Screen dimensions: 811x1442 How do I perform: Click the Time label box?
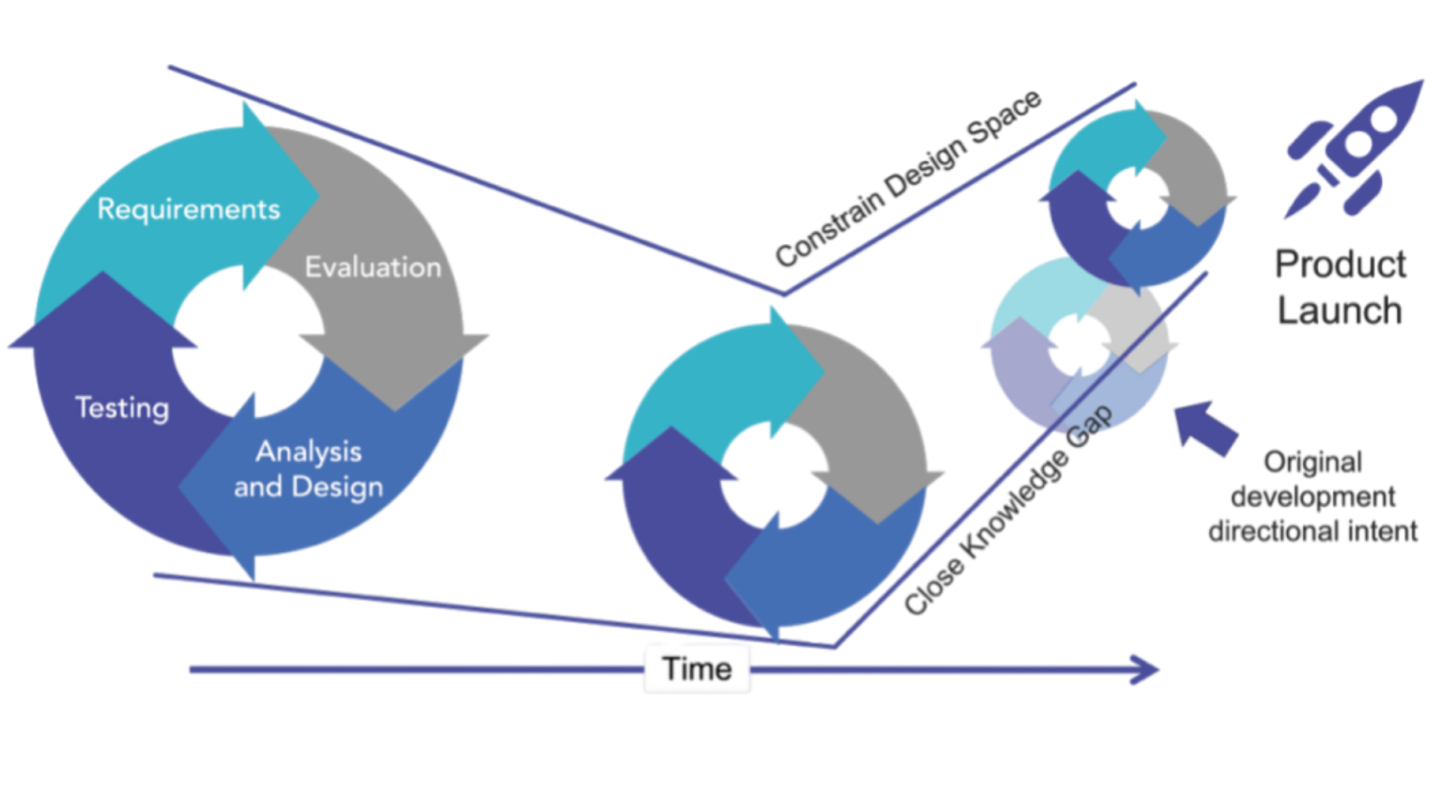pyautogui.click(x=697, y=668)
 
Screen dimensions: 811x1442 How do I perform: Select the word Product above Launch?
pyautogui.click(x=1340, y=265)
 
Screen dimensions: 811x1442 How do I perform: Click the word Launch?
pyautogui.click(x=1340, y=310)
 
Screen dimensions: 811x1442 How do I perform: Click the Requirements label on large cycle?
pyautogui.click(x=190, y=210)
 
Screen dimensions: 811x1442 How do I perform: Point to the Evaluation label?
pyautogui.click(x=374, y=267)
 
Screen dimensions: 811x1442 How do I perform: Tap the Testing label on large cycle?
pyautogui.click(x=123, y=408)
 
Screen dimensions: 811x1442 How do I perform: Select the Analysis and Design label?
pyautogui.click(x=310, y=469)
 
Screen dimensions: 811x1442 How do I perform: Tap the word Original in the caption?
pyautogui.click(x=1312, y=463)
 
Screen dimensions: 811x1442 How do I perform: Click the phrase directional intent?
pyautogui.click(x=1312, y=531)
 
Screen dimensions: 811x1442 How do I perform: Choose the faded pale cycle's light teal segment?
pyautogui.click(x=1033, y=296)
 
